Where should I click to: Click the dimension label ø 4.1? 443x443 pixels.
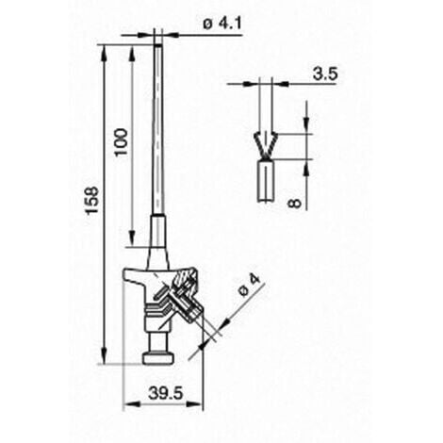tap(222, 24)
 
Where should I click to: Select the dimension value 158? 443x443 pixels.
tap(92, 201)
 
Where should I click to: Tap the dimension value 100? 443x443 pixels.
tap(122, 142)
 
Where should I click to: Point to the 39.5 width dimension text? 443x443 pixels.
tap(166, 393)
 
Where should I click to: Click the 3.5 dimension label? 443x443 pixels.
tap(325, 74)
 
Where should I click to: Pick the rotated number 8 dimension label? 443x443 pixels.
tap(295, 204)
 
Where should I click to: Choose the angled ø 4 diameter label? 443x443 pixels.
tap(250, 285)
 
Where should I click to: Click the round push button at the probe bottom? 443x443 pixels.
tap(158, 358)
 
